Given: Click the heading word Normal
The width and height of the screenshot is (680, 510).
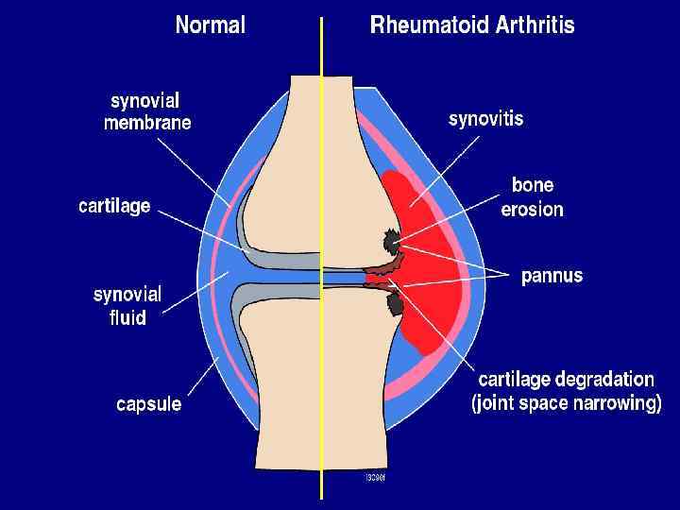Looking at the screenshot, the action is (x=210, y=25).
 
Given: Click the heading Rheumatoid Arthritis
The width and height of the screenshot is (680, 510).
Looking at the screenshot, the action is (x=471, y=25).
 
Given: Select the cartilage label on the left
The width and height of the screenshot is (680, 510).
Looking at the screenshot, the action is (x=113, y=206).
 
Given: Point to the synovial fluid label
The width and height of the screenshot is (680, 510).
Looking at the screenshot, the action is (x=127, y=305).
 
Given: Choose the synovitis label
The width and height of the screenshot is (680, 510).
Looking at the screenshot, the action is (x=484, y=119).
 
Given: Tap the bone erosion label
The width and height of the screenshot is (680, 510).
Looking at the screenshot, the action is (x=532, y=196).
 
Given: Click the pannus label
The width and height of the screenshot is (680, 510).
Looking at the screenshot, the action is (x=552, y=277).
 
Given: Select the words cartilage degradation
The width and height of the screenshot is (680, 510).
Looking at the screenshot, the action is (x=566, y=380).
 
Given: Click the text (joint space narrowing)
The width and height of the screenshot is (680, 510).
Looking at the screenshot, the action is (x=566, y=403).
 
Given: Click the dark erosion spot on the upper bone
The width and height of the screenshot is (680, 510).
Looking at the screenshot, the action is (x=390, y=242).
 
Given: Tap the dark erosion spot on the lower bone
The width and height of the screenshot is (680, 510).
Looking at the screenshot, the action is (x=396, y=303).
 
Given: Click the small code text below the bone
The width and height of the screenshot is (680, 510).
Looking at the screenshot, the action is (x=374, y=477).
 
